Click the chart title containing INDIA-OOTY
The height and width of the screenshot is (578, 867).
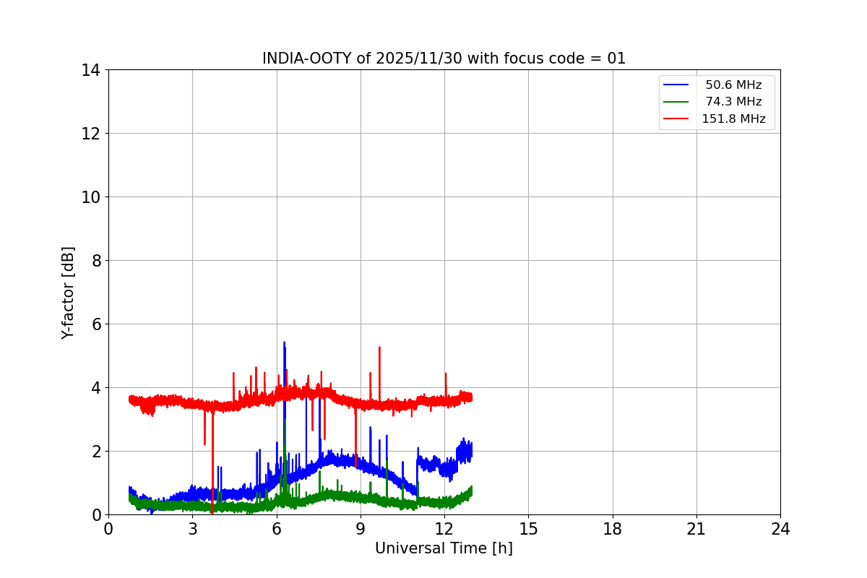444,59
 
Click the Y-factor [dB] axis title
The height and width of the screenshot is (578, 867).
68,293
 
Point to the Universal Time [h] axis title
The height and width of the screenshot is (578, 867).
444,548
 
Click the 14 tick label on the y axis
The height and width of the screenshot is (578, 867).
91,70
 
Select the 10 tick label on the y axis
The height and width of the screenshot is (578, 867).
91,197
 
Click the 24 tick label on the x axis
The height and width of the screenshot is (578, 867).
780,529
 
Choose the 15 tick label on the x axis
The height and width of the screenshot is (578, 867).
528,529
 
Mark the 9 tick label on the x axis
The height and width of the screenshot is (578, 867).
361,529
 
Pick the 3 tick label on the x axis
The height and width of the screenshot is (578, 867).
192,529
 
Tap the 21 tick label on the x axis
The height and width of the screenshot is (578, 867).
696,529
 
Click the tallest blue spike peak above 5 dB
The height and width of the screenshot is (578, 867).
284,342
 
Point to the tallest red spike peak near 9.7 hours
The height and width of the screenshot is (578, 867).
379,348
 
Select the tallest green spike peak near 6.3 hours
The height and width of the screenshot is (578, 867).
285,419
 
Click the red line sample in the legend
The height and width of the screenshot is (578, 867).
676,118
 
